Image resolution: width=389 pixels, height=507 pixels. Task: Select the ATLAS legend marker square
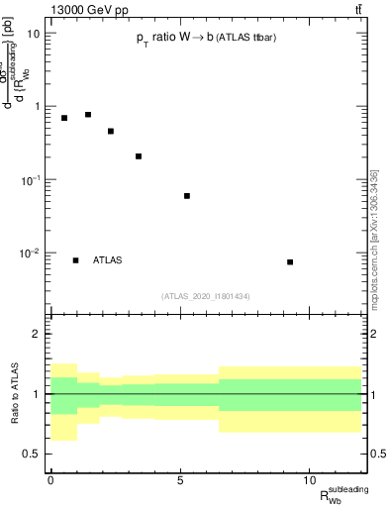point(75,260)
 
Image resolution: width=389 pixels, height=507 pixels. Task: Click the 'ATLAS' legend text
point(108,260)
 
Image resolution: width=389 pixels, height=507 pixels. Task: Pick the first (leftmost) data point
point(64,118)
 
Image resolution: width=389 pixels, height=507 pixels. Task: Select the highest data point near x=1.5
point(88,115)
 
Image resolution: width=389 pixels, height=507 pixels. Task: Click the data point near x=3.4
point(139,156)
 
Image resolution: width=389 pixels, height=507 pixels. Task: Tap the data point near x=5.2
point(186,196)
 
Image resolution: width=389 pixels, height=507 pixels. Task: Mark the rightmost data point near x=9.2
point(290,262)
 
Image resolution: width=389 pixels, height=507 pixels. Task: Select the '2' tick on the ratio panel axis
point(36,335)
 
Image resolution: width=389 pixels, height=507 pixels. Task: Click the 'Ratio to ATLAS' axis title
point(14,394)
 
